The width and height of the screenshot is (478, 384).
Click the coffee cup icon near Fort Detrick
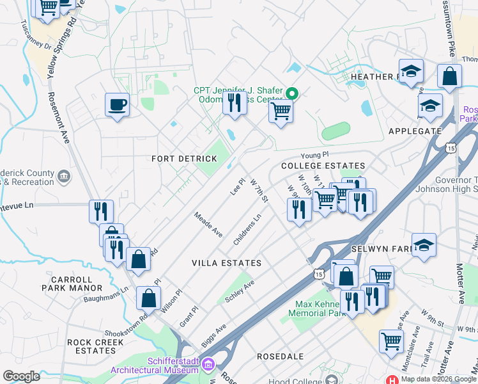point(117,104)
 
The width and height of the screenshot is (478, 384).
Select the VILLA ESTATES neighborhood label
point(227,263)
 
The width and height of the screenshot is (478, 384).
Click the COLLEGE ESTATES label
point(314,166)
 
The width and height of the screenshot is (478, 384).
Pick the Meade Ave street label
point(208,225)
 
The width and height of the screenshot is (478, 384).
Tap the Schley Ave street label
point(240,291)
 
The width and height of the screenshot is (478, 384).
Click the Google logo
point(21,376)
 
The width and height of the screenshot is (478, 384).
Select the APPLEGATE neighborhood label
point(415,131)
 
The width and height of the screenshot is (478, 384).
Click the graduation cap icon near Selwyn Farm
point(424,246)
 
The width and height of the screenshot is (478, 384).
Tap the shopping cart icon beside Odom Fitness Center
point(281,110)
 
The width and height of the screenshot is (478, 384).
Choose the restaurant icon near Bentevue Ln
point(101,211)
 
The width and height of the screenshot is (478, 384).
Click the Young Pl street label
point(316,155)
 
